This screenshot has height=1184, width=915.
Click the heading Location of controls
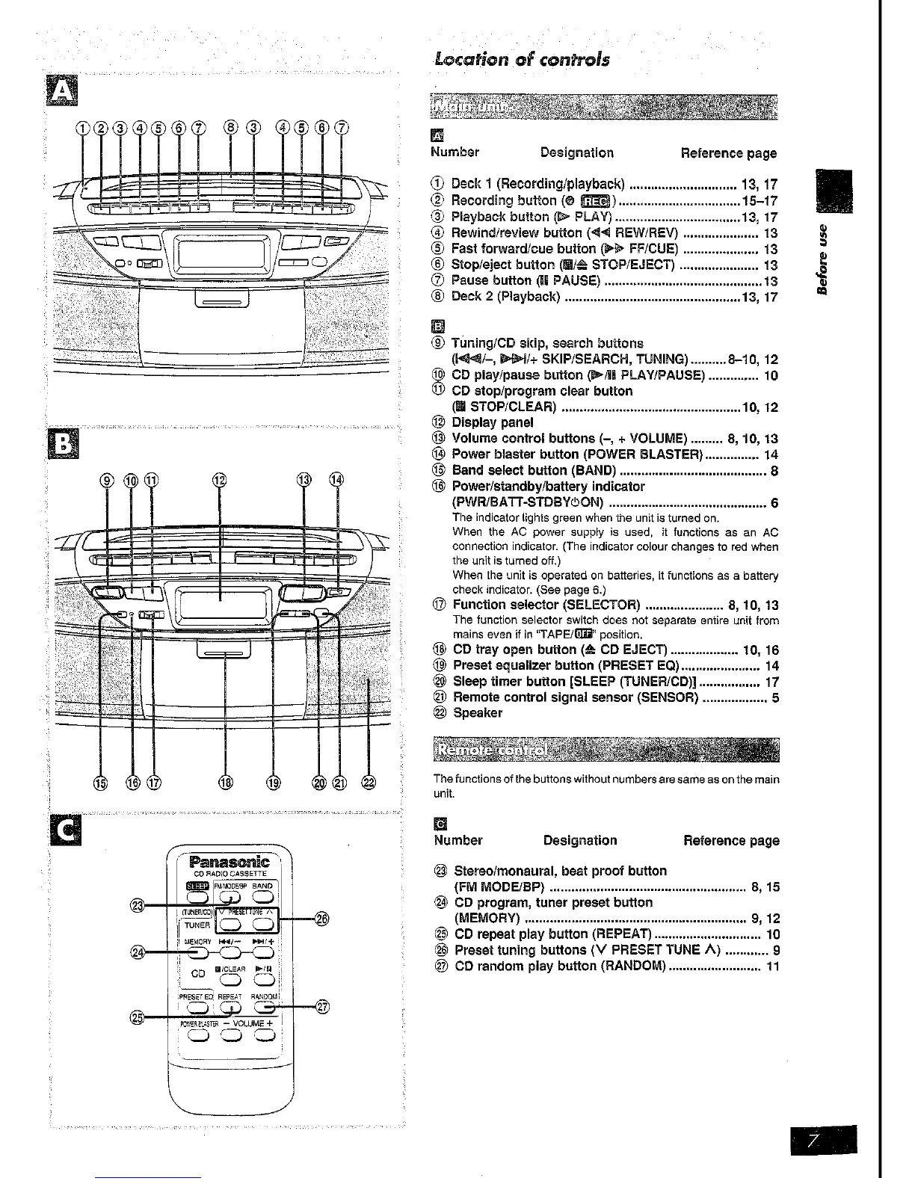pyautogui.click(x=521, y=59)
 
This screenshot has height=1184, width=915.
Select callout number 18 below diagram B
pyautogui.click(x=225, y=783)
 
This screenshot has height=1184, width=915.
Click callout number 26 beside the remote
pyautogui.click(x=322, y=918)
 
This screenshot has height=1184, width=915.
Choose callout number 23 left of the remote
pyautogui.click(x=138, y=905)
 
